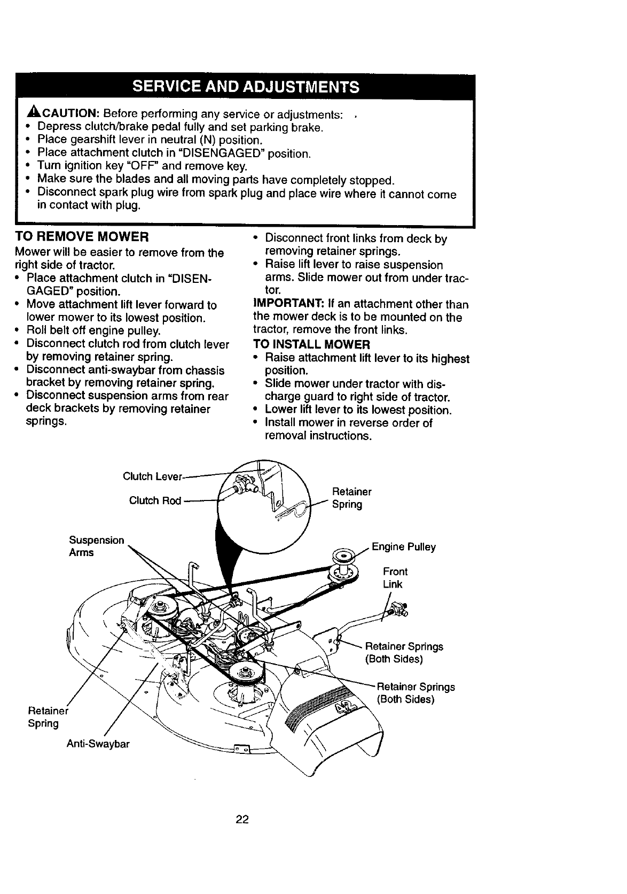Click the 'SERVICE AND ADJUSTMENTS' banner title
(x=245, y=87)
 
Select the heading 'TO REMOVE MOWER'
(x=81, y=236)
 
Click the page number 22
(x=243, y=820)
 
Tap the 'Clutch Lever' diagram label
(x=152, y=476)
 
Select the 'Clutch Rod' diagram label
(x=155, y=500)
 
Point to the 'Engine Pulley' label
(x=403, y=547)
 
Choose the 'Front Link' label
(x=395, y=578)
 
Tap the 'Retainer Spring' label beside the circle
(x=351, y=498)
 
